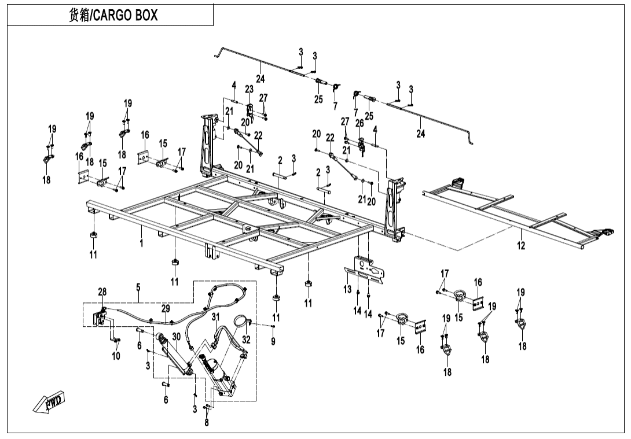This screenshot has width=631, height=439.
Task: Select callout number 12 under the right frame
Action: (x=522, y=246)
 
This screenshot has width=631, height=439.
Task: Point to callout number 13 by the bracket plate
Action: (x=348, y=289)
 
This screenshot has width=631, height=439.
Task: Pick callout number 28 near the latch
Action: (x=102, y=292)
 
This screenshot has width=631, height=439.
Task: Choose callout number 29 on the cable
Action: (x=166, y=308)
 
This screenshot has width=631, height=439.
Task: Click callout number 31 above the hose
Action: (x=216, y=317)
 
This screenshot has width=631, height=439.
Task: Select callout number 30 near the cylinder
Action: (x=177, y=335)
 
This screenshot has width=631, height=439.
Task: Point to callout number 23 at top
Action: (x=249, y=89)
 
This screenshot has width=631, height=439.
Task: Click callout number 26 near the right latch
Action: (x=359, y=123)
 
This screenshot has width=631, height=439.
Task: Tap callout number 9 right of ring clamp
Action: (x=273, y=341)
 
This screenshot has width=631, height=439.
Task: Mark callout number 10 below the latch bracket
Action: (x=116, y=356)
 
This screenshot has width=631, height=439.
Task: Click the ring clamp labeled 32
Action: (x=241, y=320)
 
